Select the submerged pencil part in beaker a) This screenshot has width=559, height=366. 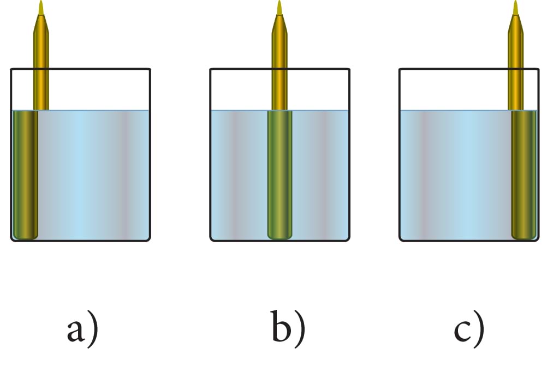click(25, 175)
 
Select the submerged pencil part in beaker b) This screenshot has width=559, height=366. click(279, 175)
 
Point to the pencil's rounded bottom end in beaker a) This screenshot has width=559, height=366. click(25, 236)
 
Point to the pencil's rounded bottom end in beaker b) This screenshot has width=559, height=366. click(279, 236)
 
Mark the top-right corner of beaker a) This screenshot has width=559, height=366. click(150, 69)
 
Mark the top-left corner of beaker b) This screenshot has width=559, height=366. click(211, 69)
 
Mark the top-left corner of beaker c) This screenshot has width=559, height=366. click(400, 69)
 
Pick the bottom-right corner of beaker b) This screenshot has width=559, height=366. click(348, 239)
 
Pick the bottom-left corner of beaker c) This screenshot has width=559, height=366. click(401, 239)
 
